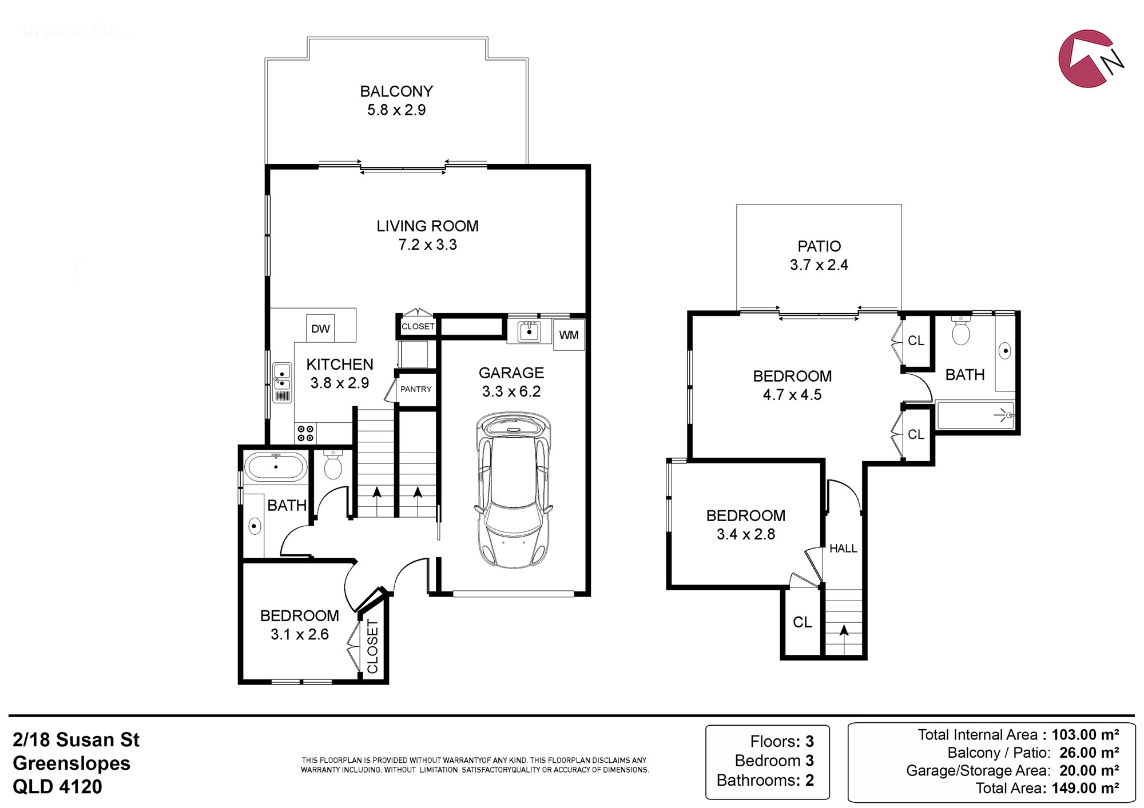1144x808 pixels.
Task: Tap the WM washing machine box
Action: click(569, 335)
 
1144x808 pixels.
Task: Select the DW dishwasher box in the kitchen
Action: click(320, 329)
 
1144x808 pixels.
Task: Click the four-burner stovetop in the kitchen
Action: click(305, 433)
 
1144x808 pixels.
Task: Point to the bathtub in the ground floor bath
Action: click(276, 467)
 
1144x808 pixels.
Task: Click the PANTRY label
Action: click(416, 389)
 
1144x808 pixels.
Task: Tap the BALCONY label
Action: click(396, 91)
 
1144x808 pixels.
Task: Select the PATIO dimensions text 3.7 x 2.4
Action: click(819, 265)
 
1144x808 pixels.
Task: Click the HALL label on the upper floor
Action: click(843, 549)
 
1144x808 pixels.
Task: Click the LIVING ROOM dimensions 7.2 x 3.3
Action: click(428, 245)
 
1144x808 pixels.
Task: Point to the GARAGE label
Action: click(511, 373)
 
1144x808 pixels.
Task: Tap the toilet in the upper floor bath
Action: click(961, 331)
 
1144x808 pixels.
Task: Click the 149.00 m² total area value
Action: click(1085, 788)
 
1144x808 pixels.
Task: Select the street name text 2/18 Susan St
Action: click(76, 740)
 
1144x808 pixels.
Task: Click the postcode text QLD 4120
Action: click(57, 787)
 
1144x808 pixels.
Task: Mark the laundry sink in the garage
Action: click(529, 331)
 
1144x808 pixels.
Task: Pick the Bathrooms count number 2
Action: click(809, 780)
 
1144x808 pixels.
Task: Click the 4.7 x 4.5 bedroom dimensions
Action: click(792, 395)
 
